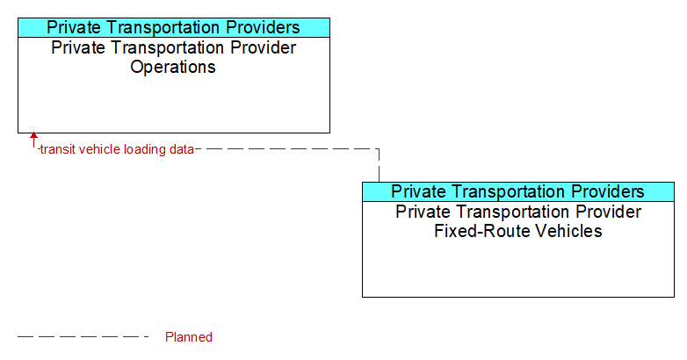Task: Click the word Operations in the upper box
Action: click(173, 68)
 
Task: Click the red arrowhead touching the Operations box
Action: click(33, 135)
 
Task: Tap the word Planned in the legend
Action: click(188, 337)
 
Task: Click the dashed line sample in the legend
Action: click(83, 337)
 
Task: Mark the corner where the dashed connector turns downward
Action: click(379, 149)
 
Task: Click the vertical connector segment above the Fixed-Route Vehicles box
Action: click(379, 166)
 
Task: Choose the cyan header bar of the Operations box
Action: click(174, 27)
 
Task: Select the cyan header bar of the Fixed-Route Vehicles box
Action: click(518, 191)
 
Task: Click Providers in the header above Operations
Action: click(263, 27)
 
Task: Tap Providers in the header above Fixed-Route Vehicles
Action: click(607, 191)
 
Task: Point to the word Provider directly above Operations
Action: click(264, 47)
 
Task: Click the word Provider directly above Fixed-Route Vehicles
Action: click(608, 212)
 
